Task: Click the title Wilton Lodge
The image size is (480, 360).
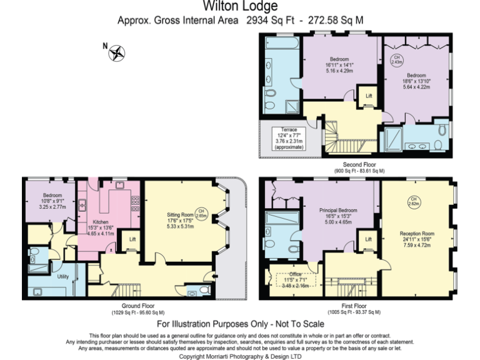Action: pyautogui.click(x=240, y=7)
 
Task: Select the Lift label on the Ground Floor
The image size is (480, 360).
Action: pyautogui.click(x=132, y=239)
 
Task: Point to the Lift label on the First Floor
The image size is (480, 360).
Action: pyautogui.click(x=368, y=239)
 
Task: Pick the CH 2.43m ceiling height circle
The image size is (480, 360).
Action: pyautogui.click(x=396, y=60)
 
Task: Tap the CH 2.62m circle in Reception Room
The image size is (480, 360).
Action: pyautogui.click(x=412, y=201)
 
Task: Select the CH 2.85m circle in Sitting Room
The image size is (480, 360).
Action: pyautogui.click(x=200, y=212)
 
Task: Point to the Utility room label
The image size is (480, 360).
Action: pyautogui.click(x=63, y=276)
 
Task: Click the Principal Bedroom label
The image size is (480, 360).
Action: pyautogui.click(x=337, y=211)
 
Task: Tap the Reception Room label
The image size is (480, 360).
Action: pyautogui.click(x=417, y=234)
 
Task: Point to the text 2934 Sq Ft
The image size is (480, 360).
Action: pyautogui.click(x=270, y=21)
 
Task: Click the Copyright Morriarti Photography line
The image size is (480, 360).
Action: pyautogui.click(x=240, y=356)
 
